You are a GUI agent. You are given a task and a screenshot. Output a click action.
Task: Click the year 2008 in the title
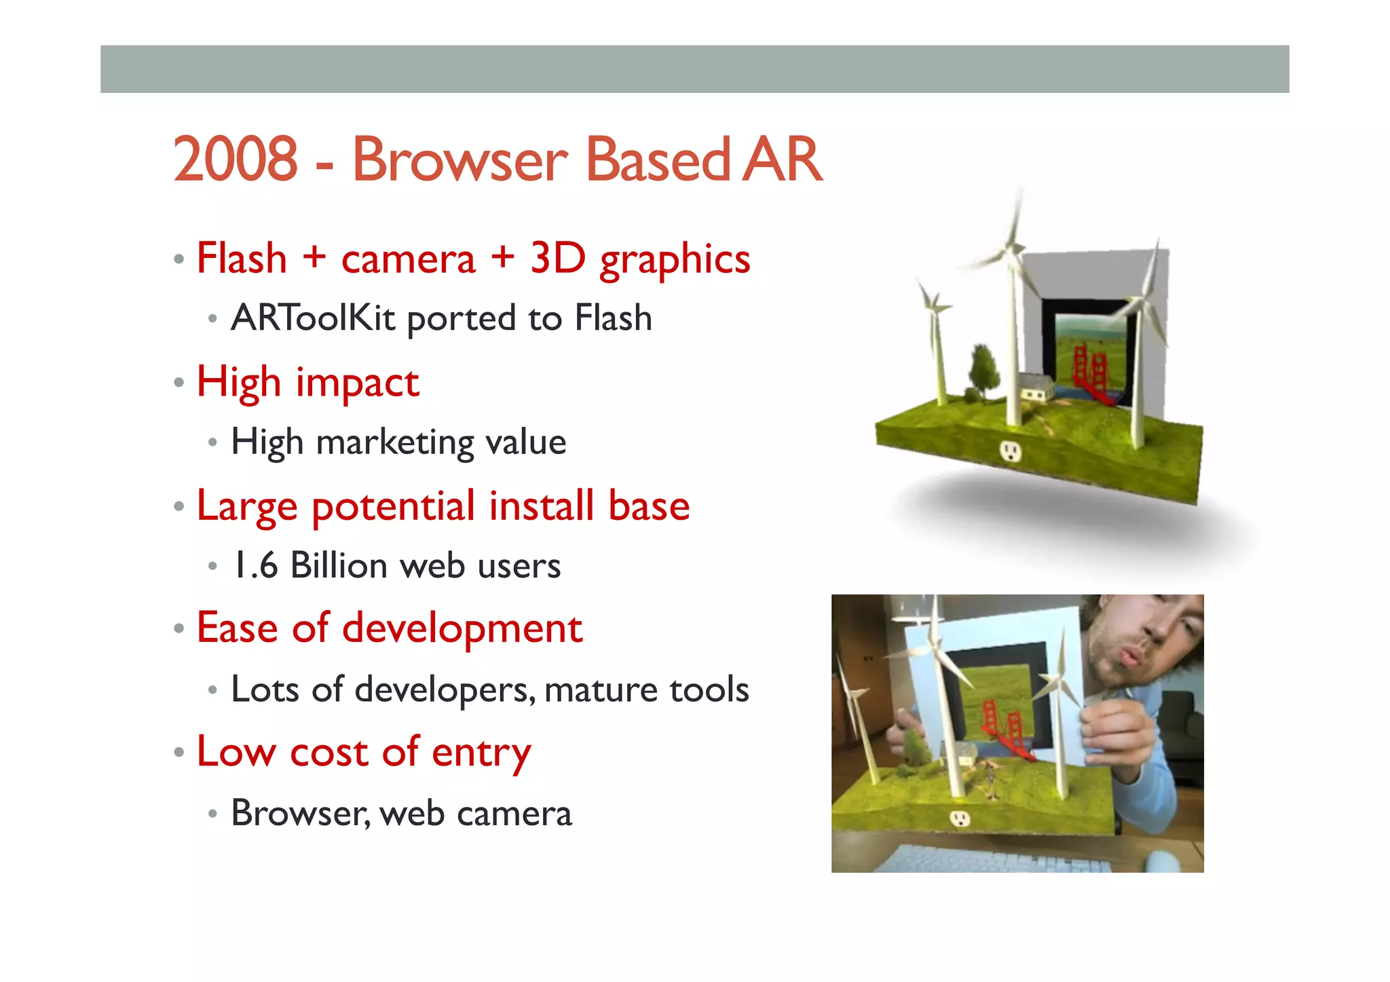tap(235, 160)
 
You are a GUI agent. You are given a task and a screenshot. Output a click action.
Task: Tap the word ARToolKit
tap(313, 318)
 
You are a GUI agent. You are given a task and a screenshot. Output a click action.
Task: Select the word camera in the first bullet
tap(409, 259)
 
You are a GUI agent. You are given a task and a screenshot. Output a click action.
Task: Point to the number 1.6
tap(255, 565)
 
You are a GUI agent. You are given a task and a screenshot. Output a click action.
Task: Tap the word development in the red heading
tap(462, 628)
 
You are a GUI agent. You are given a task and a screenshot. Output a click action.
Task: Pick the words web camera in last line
tap(476, 813)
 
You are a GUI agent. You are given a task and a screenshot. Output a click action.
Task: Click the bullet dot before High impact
tap(179, 383)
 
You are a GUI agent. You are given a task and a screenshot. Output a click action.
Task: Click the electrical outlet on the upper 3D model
tap(1011, 451)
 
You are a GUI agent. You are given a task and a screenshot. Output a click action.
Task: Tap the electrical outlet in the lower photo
tap(959, 818)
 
